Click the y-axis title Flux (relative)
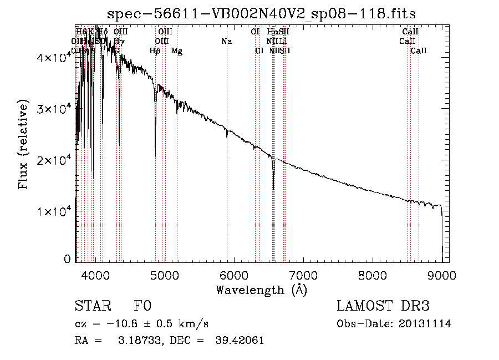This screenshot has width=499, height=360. tap(24, 144)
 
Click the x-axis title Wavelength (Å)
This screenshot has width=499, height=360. tap(261, 290)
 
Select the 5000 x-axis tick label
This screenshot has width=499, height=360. tap(165, 275)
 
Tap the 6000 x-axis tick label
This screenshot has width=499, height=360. tap(234, 275)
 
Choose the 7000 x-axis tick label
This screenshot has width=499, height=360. tap(303, 275)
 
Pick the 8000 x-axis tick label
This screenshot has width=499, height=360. tap(373, 275)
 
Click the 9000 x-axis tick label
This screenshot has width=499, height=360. tap(442, 275)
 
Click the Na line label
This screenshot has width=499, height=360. tap(226, 41)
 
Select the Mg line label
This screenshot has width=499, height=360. tap(177, 51)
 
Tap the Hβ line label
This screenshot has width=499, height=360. tap(155, 51)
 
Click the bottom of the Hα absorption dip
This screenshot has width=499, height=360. tap(273, 189)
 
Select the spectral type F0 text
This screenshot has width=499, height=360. tap(142, 306)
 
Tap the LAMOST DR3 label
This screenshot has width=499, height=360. tap(383, 306)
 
